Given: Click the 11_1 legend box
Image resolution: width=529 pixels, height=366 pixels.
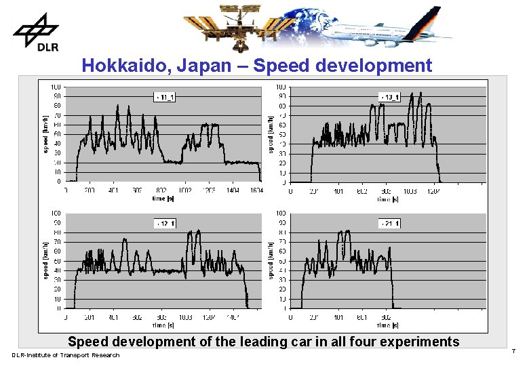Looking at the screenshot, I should tap(165, 98).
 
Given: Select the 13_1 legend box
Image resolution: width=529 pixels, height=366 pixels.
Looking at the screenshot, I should tap(389, 98).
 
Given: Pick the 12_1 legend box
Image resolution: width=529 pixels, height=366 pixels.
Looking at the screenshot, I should tap(165, 224).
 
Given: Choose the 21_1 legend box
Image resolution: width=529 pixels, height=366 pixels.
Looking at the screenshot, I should tap(389, 224).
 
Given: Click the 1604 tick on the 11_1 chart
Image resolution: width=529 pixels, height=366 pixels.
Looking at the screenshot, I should tap(255, 192).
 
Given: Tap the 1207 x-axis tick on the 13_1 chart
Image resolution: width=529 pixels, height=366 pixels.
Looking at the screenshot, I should tap(434, 192).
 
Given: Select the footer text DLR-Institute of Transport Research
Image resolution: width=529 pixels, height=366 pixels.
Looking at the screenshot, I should tap(65, 355).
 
